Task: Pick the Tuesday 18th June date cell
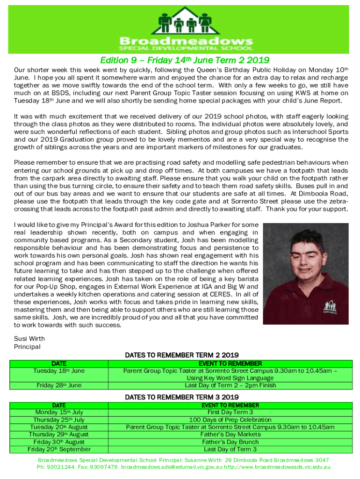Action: point(59,371)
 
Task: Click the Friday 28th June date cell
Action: point(59,385)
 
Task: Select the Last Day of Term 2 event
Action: point(230,385)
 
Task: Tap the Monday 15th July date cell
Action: point(59,412)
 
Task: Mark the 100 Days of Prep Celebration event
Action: point(230,420)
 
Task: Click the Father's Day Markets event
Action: point(230,435)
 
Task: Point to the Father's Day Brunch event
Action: point(230,442)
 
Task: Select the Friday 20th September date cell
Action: point(59,450)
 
